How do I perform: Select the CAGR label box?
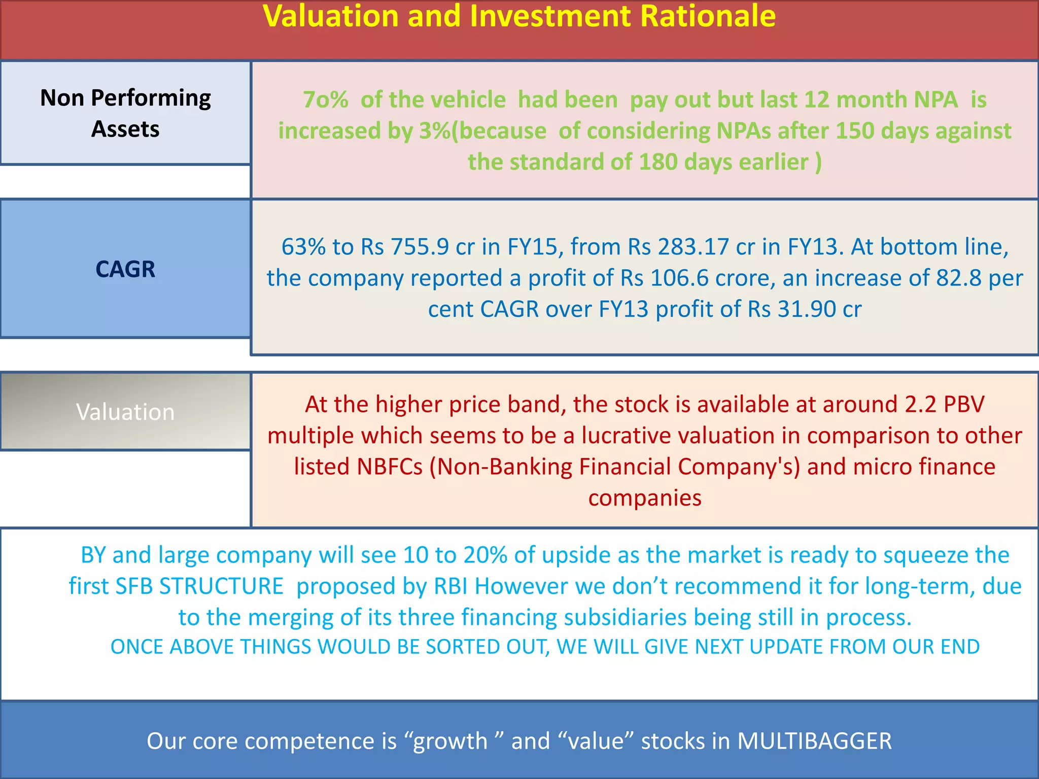(125, 269)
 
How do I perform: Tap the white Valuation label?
(125, 412)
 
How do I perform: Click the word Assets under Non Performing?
(125, 129)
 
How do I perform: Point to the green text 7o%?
(325, 100)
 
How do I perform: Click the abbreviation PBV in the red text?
(963, 405)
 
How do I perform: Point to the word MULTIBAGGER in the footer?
(814, 741)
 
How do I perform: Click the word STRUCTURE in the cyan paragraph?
(221, 587)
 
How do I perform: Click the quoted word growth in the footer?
(450, 741)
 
